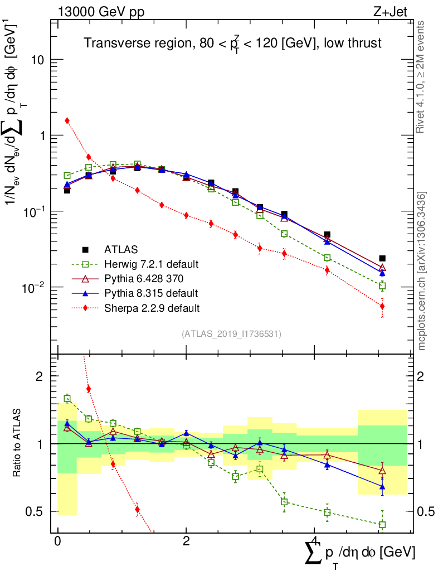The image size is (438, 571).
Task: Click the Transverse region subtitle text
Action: pos(232,43)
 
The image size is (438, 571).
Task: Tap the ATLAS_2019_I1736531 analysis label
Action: pos(231,334)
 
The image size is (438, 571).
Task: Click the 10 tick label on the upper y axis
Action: pos(38,60)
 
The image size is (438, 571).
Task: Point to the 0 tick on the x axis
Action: pos(57,541)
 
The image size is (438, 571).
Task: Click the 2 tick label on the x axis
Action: pos(186,541)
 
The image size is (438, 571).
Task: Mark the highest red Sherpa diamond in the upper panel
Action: pos(67,120)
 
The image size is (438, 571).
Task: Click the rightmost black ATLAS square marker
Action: pos(382,258)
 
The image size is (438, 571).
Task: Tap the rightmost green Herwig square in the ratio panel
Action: pos(382,525)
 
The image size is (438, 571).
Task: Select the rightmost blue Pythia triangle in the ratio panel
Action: pos(382,487)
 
